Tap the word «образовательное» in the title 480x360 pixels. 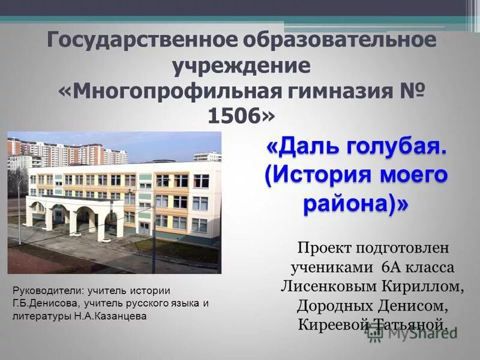[340, 41]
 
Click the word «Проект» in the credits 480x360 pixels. [328, 247]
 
